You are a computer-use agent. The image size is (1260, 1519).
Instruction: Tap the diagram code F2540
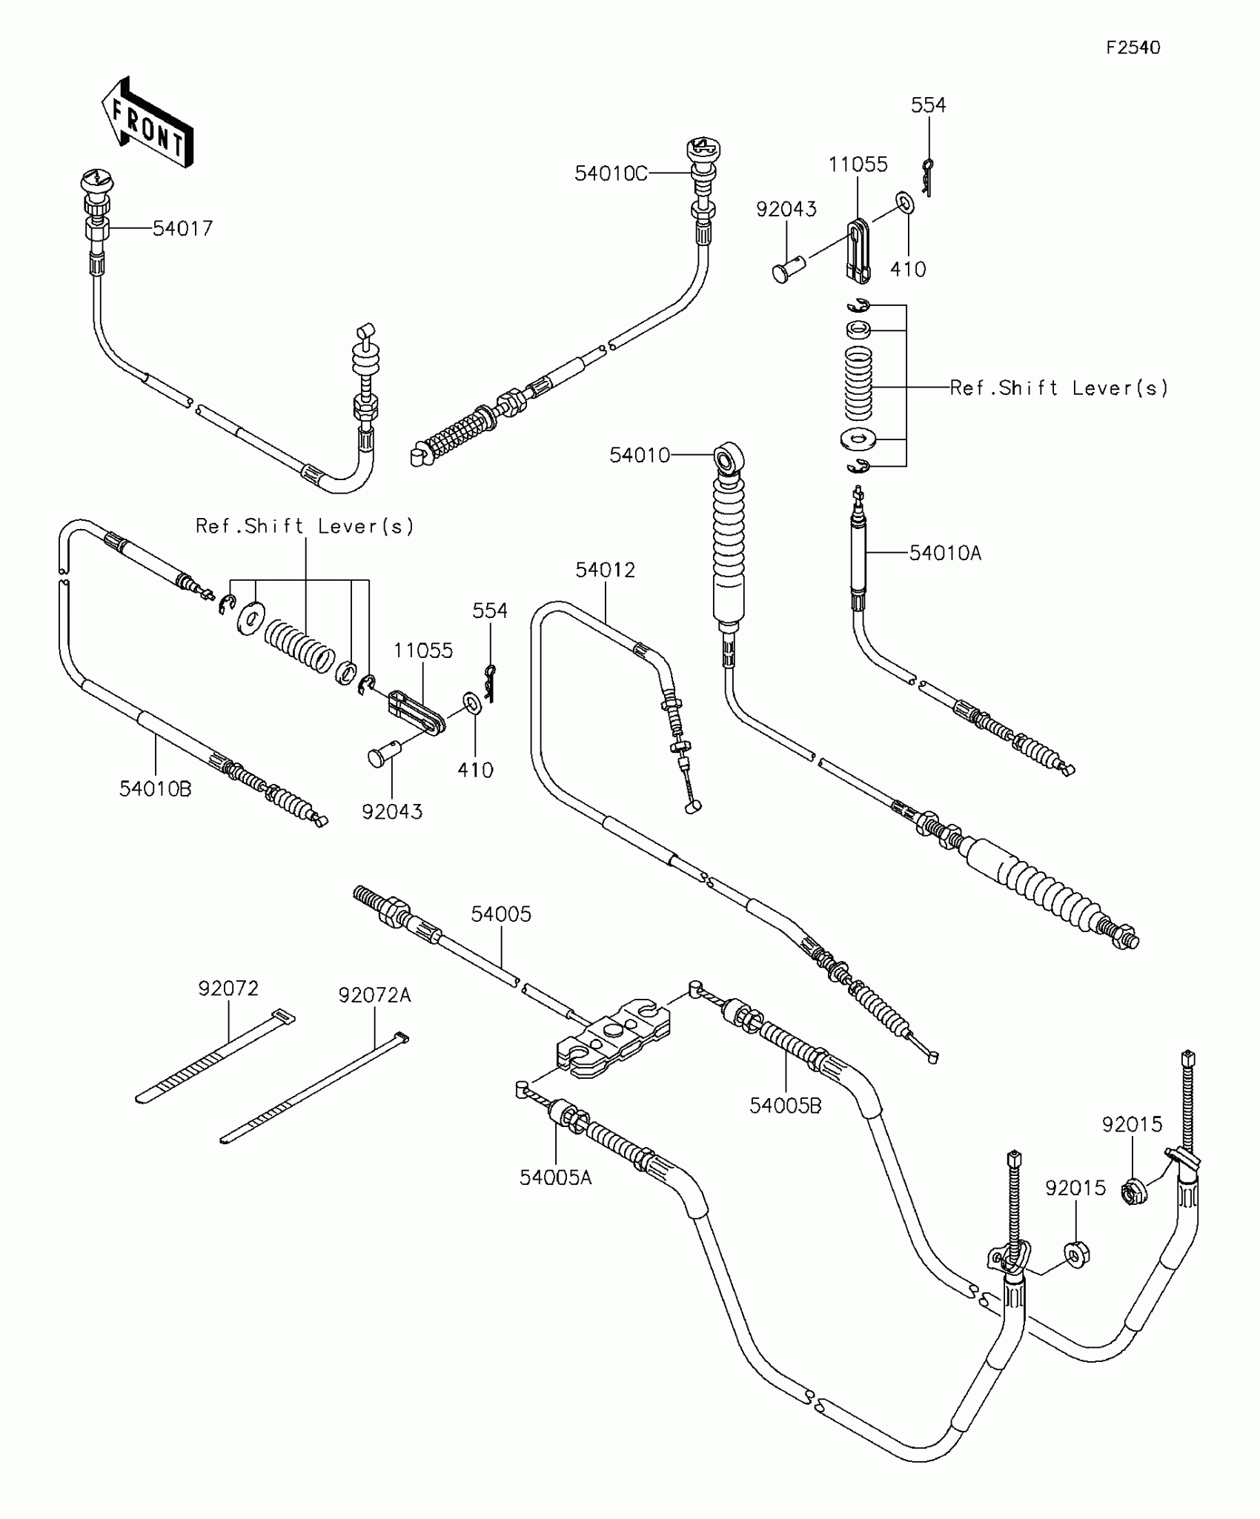(1133, 48)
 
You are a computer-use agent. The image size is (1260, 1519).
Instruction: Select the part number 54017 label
(182, 229)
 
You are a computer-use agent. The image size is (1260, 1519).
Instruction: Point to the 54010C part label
(611, 174)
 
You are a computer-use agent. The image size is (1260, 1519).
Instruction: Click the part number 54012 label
(605, 570)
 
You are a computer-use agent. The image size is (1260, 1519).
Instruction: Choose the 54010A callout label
(945, 553)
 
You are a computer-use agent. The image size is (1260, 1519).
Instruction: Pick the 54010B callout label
(155, 790)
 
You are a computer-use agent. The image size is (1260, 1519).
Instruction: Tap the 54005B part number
(785, 1106)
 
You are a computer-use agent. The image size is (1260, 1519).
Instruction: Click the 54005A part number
(555, 1177)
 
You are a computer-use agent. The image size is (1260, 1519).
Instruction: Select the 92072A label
(374, 995)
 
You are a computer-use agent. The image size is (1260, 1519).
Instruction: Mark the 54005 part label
(501, 914)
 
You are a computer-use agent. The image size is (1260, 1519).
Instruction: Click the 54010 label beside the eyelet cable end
(639, 455)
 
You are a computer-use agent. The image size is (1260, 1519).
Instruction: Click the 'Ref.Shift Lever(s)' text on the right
(1058, 388)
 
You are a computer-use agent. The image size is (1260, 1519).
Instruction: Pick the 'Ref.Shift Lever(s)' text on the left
(305, 526)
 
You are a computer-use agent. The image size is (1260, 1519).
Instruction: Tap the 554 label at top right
(928, 105)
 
